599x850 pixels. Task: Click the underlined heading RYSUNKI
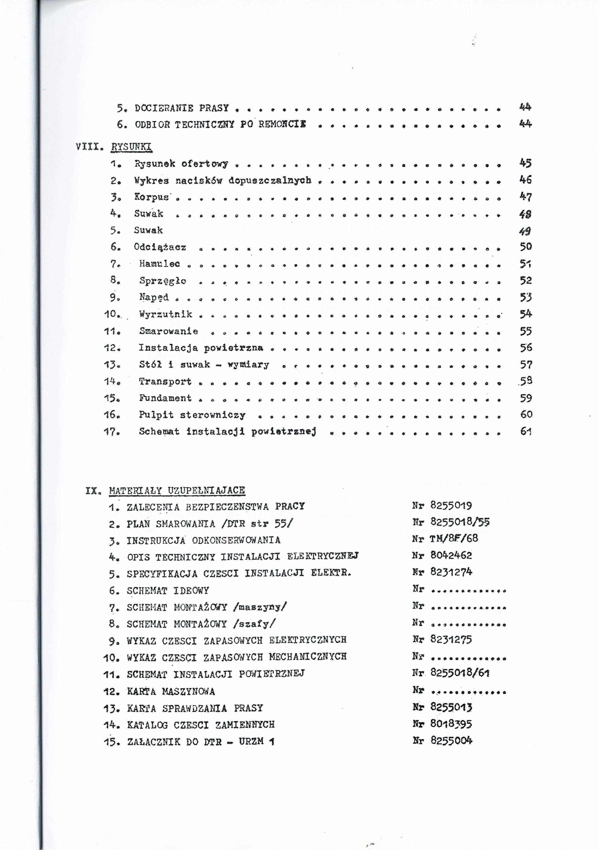click(x=131, y=147)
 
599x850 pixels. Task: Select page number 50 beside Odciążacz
click(x=526, y=247)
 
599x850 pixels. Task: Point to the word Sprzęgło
click(x=163, y=281)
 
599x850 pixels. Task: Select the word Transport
click(x=165, y=381)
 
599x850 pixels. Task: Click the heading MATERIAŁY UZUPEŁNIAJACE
click(x=177, y=491)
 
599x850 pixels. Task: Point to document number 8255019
click(x=451, y=505)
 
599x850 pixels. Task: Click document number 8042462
click(x=451, y=555)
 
